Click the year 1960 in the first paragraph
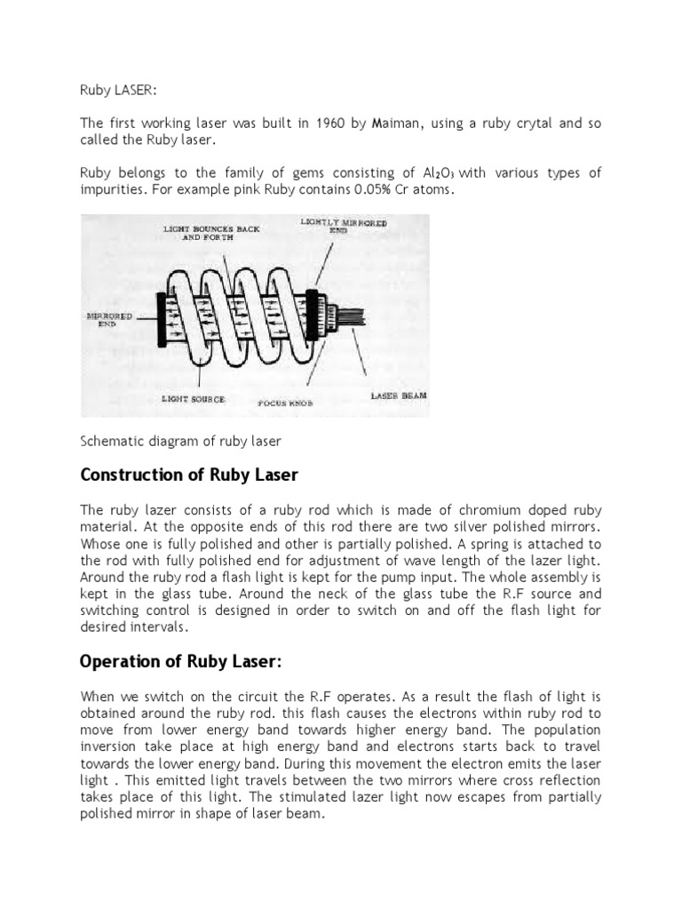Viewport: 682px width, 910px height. pyautogui.click(x=329, y=124)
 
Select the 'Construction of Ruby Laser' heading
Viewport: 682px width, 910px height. pyautogui.click(x=189, y=475)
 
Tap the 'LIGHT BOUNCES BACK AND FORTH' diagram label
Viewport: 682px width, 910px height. pyautogui.click(x=211, y=233)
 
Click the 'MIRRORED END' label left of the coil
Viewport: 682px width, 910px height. pyautogui.click(x=109, y=319)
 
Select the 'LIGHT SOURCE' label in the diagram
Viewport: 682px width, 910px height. pyautogui.click(x=193, y=399)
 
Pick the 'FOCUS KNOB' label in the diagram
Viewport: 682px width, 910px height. pyautogui.click(x=284, y=403)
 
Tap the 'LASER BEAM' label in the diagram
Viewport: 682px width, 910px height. pyautogui.click(x=398, y=395)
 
